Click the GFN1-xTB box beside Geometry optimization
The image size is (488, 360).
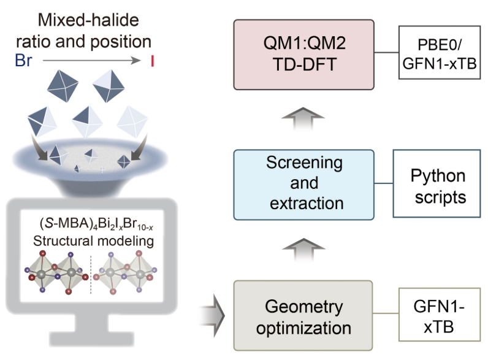click(x=437, y=316)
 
